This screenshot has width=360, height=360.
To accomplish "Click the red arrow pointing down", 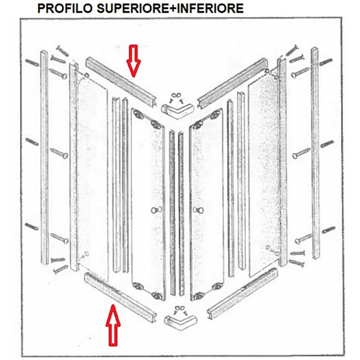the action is [x=133, y=61].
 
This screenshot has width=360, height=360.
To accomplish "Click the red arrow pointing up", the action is [x=113, y=325].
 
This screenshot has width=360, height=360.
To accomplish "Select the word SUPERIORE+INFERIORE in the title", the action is [x=170, y=9].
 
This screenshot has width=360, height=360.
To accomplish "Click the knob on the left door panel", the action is [x=156, y=210].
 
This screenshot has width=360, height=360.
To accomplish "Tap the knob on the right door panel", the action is [x=199, y=210].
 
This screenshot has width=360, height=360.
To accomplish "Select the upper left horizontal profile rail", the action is [x=121, y=82].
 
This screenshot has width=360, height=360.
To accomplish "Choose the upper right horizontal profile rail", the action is [x=233, y=83].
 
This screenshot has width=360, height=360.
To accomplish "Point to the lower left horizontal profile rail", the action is [x=120, y=297].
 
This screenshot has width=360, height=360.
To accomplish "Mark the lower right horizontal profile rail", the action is [x=243, y=293].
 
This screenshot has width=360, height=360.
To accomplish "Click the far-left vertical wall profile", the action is [x=45, y=157].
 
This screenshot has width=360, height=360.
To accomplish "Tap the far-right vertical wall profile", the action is [x=315, y=153].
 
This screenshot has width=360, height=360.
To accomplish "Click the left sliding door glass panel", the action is [x=148, y=204].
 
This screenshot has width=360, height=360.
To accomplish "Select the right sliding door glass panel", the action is [x=207, y=204].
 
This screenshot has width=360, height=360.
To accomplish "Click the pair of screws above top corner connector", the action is [x=176, y=98].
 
